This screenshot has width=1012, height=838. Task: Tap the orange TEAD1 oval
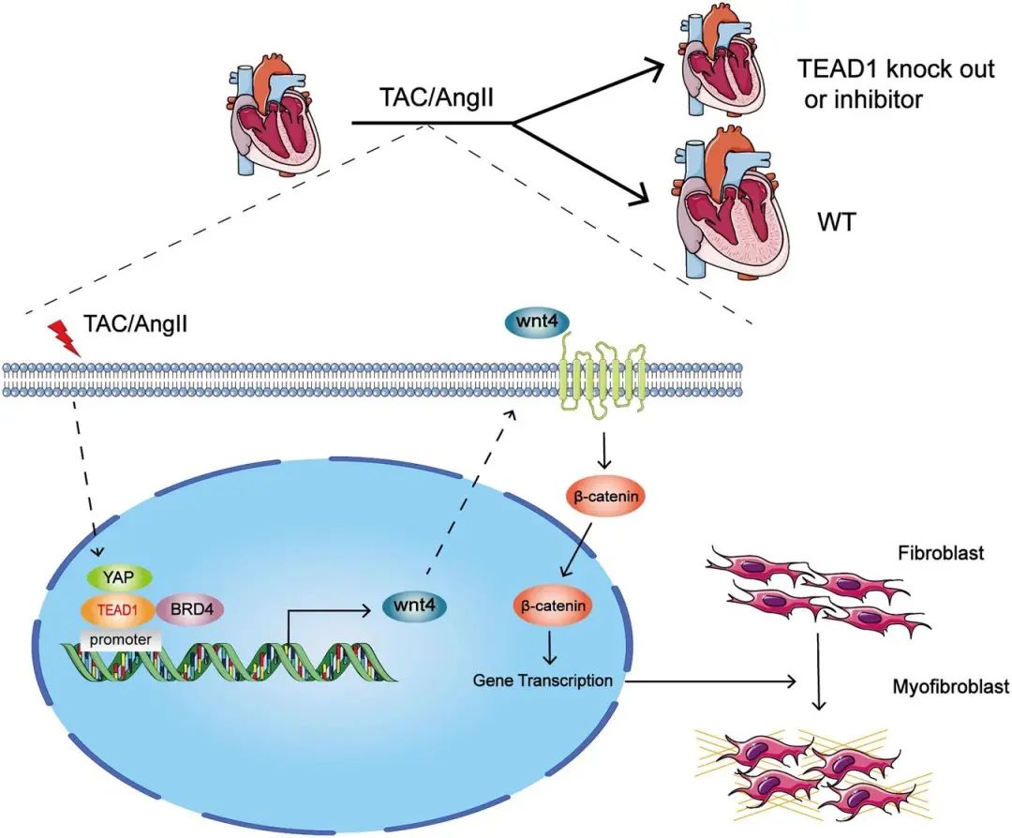(116, 608)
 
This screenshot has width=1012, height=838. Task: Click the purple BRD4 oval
(191, 608)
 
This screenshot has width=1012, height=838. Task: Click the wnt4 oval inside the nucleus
(414, 606)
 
